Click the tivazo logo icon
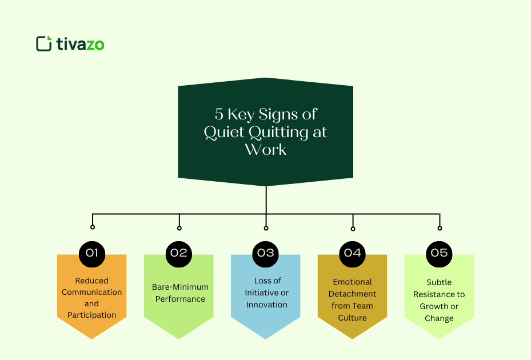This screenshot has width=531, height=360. coord(43,43)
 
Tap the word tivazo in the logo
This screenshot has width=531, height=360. coord(80,44)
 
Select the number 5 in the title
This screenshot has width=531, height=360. coord(219,114)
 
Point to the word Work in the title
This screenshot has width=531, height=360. coord(266,150)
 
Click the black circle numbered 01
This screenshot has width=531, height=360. coord(92,253)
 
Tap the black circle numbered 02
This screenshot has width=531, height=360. coord(179,253)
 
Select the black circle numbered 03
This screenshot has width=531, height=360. coord(266,253)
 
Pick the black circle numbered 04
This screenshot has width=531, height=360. coord(353,253)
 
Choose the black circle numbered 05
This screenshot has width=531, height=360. coord(439,253)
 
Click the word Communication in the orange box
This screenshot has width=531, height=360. coord(91,292)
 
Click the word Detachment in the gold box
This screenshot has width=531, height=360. coord(353,294)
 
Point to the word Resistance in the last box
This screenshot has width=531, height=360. coord(439,294)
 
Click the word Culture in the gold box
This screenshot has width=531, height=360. coord(352,318)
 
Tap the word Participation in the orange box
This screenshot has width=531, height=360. coord(91,315)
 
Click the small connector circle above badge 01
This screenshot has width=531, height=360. coord(93,227)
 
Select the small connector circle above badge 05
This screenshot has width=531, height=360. coord(440,228)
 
